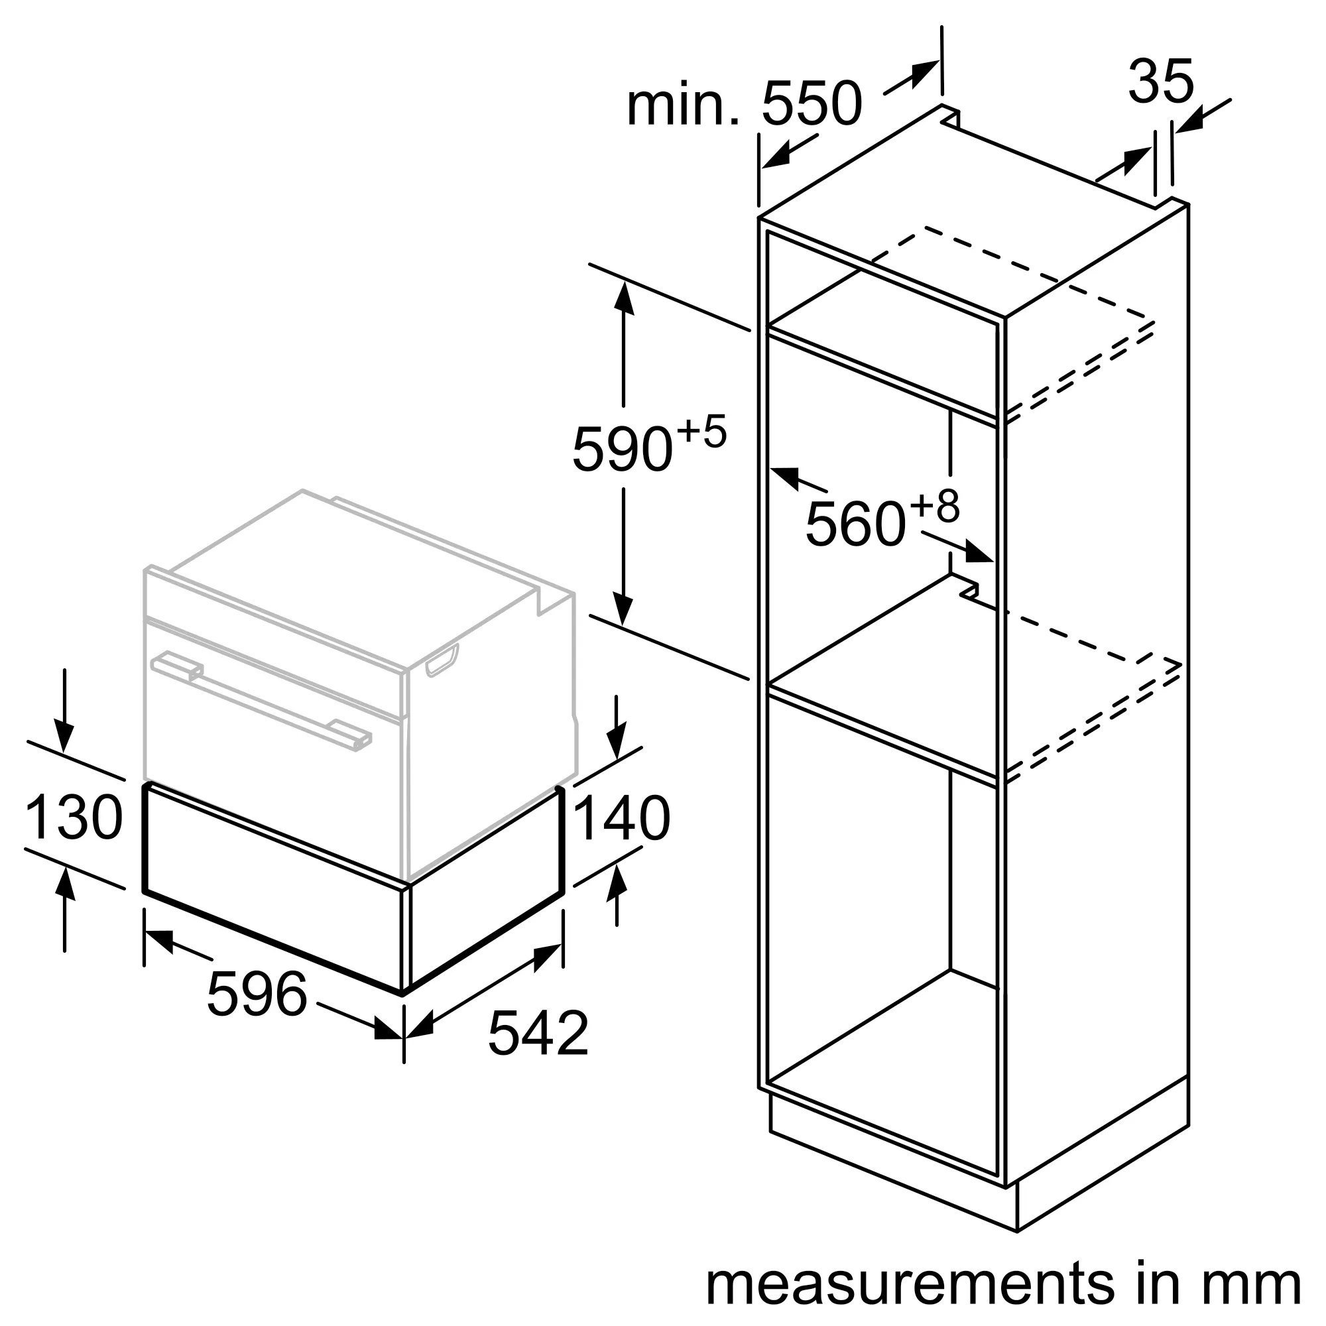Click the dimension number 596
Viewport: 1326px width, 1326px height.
[x=257, y=994]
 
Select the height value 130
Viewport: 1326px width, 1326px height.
[x=74, y=817]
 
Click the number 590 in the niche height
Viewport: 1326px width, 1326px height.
[x=622, y=450]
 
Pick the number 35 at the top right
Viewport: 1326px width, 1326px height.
[x=1161, y=82]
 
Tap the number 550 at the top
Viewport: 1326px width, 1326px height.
[x=812, y=104]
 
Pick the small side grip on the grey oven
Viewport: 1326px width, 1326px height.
[x=443, y=660]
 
